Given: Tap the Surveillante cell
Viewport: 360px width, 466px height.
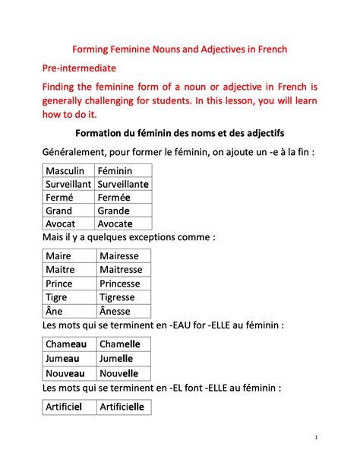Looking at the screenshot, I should pos(124,184).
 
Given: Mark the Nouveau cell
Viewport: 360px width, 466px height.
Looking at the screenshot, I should pos(65,373).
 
